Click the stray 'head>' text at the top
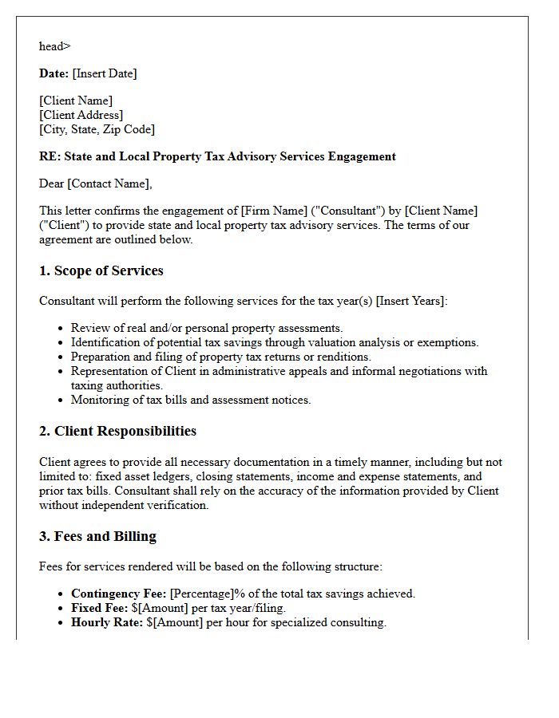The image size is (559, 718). (54, 46)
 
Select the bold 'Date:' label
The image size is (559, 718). (54, 73)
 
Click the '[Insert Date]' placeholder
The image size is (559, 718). (105, 73)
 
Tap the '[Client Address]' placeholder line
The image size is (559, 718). (81, 115)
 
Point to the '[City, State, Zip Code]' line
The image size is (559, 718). (97, 129)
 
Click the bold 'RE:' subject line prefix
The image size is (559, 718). (50, 156)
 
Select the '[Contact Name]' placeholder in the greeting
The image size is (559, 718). (108, 183)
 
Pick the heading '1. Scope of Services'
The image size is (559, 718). (101, 271)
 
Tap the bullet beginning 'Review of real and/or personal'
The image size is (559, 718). (207, 328)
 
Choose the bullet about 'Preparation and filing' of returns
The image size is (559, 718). (221, 357)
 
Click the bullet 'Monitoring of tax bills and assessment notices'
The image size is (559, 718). (191, 400)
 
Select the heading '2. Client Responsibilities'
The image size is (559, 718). (117, 432)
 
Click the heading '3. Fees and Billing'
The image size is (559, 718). (97, 537)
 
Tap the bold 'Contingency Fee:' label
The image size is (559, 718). (119, 594)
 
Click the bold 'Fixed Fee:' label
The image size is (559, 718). (100, 608)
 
